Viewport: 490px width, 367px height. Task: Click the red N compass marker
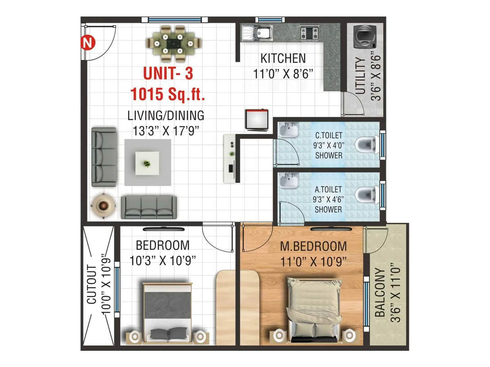coord(88,42)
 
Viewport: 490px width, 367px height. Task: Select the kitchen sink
coord(258,33)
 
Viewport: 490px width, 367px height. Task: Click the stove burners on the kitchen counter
coord(309,33)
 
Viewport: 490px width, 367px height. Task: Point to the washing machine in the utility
coord(365,37)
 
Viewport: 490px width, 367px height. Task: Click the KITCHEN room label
coord(283,58)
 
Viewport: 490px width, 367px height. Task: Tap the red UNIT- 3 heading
coord(168,73)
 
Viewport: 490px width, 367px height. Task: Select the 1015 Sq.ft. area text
coord(168,94)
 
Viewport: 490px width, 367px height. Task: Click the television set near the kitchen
coord(257,120)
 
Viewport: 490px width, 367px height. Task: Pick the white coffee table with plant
coord(147,163)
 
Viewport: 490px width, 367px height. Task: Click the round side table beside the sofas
coord(103,206)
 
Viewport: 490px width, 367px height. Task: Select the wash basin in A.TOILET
coord(289,181)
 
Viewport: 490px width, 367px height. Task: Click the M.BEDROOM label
coord(313,247)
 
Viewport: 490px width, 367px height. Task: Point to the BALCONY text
coord(380,292)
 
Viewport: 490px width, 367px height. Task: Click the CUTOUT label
coord(92,284)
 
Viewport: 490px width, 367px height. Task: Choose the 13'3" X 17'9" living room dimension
coord(166,131)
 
